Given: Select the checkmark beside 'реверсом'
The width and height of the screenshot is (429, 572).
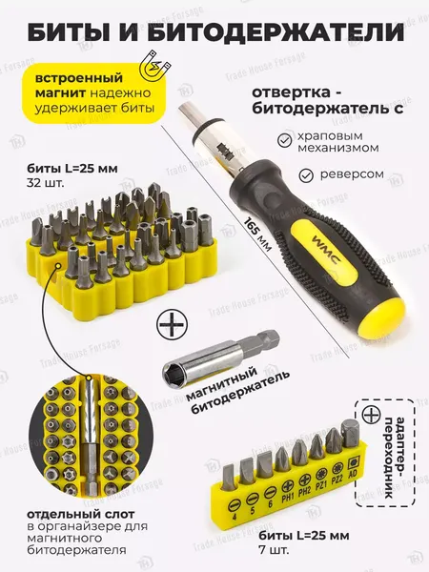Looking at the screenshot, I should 307,175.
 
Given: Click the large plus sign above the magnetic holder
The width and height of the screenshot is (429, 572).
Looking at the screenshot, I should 172,326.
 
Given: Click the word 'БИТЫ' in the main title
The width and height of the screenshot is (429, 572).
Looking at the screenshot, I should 77,31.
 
